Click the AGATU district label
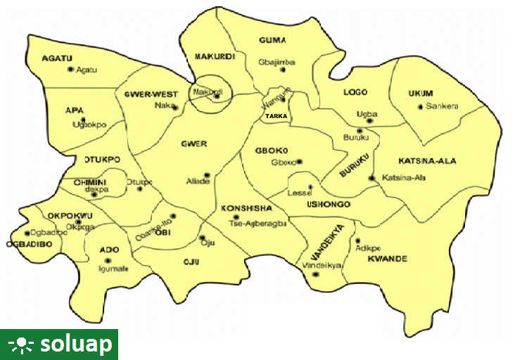tap(58, 58)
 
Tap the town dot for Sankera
tap(420, 107)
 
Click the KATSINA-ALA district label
tap(427, 161)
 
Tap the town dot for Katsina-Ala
tap(371, 179)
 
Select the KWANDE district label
tap(387, 259)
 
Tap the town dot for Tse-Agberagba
tap(236, 217)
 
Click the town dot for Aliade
tap(207, 175)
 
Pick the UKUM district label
tap(421, 94)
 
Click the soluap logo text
tap(76, 345)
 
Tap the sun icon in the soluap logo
tap(22, 345)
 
